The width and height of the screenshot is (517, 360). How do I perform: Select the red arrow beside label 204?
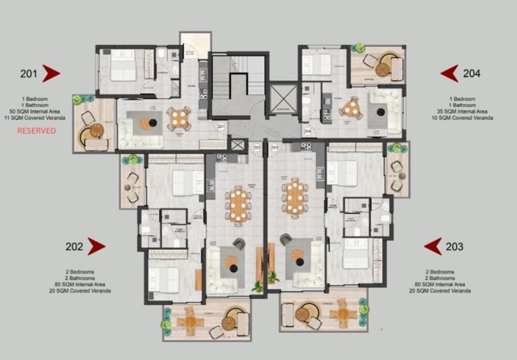point(449,73)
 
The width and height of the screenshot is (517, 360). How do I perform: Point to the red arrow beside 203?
point(433,246)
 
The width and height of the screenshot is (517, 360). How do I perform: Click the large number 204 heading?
point(472,73)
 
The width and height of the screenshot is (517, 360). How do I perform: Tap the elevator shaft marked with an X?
point(282,97)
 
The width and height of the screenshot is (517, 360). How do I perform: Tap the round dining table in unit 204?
point(353,108)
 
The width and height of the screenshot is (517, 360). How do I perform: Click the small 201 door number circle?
point(221,127)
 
